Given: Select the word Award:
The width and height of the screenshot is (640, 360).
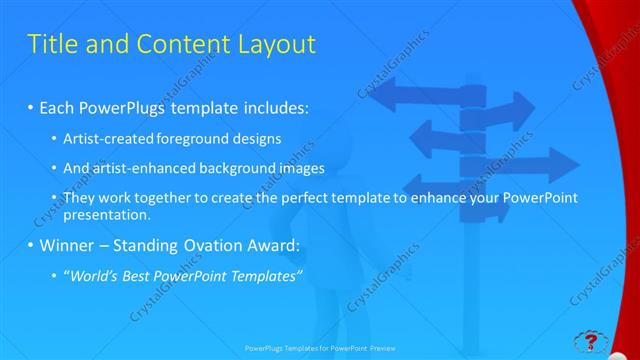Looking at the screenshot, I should [279, 244].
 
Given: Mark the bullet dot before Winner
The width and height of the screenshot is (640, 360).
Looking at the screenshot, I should [31, 245].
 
